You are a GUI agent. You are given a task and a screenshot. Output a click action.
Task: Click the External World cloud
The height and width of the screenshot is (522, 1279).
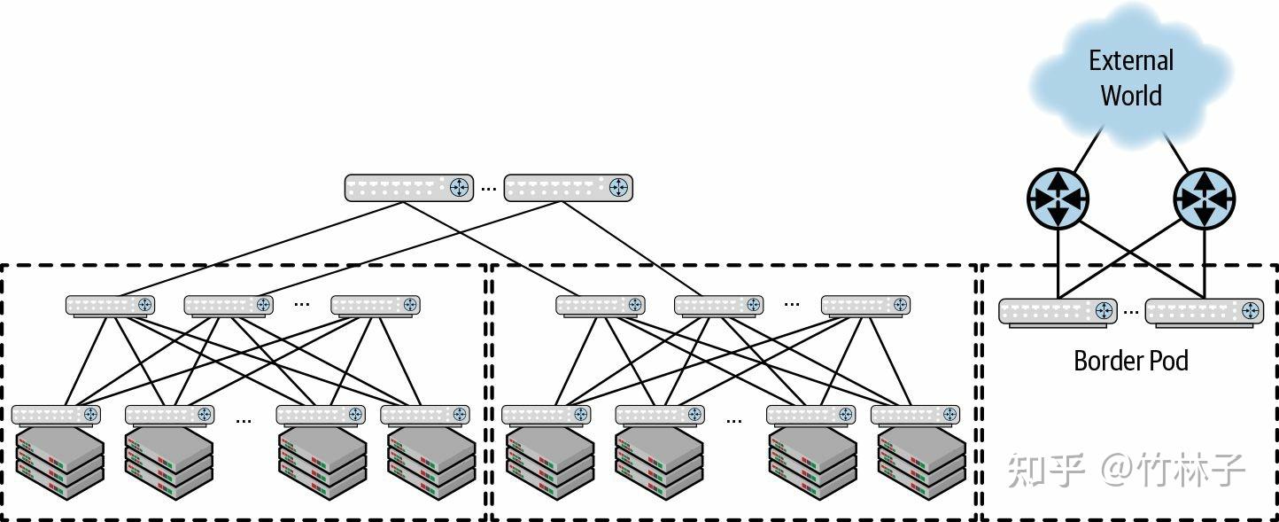(x=1131, y=76)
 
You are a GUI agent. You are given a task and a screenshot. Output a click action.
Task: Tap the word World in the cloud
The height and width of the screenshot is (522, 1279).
(x=1131, y=96)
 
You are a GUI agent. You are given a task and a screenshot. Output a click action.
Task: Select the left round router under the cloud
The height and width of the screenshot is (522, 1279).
(x=1058, y=199)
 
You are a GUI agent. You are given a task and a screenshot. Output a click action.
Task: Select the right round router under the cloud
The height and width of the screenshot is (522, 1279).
(x=1204, y=199)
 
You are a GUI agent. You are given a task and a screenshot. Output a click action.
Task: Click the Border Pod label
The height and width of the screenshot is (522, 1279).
(x=1130, y=361)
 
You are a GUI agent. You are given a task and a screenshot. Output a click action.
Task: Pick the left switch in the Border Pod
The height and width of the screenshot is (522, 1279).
(x=1058, y=311)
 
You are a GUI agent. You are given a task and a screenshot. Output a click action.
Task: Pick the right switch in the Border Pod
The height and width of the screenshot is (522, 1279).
(x=1204, y=311)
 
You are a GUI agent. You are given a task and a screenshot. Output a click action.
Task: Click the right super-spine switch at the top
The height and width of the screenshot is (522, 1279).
(x=568, y=187)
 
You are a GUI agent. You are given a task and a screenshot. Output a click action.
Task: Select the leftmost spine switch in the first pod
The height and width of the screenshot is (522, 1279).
(x=110, y=305)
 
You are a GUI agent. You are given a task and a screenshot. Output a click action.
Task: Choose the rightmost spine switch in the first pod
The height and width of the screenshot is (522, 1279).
(x=375, y=305)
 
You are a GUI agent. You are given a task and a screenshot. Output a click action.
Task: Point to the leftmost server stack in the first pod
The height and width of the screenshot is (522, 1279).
(x=58, y=461)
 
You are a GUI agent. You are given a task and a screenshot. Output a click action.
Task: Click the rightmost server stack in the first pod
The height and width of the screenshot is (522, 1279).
(x=431, y=461)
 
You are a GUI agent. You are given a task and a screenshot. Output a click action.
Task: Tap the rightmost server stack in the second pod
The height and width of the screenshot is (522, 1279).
(x=921, y=461)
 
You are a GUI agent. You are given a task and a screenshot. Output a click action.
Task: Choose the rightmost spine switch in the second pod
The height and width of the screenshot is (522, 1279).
(x=865, y=305)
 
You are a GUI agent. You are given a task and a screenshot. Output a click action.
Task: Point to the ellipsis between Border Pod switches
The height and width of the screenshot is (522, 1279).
(x=1130, y=312)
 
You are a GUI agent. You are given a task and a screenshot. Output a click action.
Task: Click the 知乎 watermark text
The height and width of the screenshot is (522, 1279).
(x=1045, y=469)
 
